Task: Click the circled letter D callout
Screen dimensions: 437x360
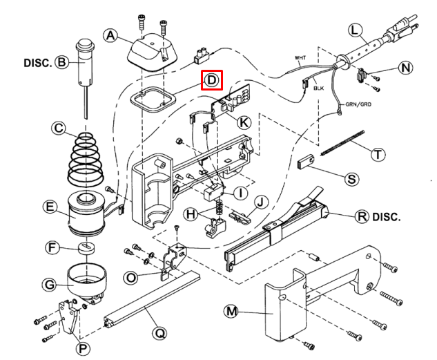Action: click(x=212, y=80)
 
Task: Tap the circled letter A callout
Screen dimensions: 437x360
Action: click(x=110, y=36)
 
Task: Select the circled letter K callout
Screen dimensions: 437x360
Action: click(x=244, y=122)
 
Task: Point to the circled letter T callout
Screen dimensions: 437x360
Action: click(x=378, y=154)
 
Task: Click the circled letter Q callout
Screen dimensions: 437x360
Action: click(x=159, y=333)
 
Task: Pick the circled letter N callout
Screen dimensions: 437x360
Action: click(x=405, y=68)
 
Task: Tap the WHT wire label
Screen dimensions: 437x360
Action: click(x=300, y=58)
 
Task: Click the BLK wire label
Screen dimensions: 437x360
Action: click(x=318, y=88)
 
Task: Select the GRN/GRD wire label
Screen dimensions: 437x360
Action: click(x=358, y=104)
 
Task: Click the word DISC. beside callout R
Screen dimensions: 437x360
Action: click(x=387, y=217)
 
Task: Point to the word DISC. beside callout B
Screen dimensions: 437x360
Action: click(x=38, y=63)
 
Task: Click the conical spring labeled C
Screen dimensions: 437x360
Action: click(x=86, y=160)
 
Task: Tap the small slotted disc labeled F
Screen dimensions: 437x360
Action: click(x=86, y=248)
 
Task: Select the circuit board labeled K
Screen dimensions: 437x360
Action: click(x=231, y=101)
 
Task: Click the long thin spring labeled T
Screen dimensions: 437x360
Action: click(x=342, y=143)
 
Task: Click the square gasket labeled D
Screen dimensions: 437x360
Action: click(x=152, y=100)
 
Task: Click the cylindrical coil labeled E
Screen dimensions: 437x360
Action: click(x=86, y=214)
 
